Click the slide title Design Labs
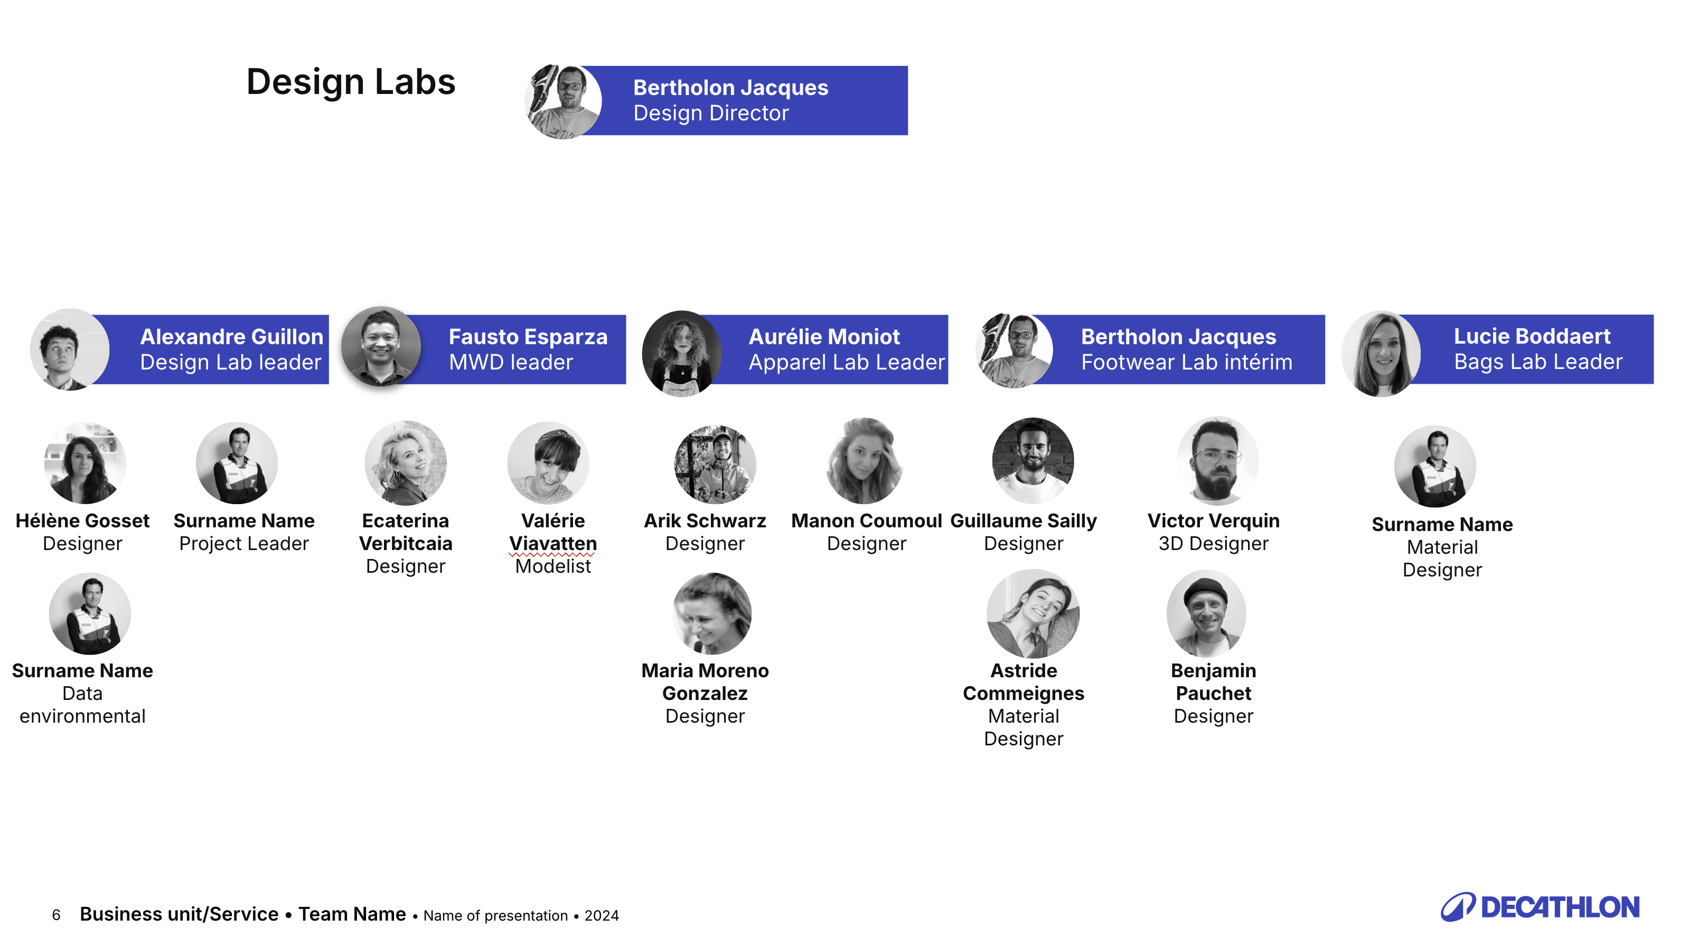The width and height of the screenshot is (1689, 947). click(x=351, y=82)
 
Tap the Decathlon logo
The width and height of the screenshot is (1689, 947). click(x=1540, y=907)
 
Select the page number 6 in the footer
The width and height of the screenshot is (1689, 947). click(x=57, y=915)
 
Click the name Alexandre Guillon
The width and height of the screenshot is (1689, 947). click(x=231, y=336)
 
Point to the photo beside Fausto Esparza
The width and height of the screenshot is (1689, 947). click(x=381, y=347)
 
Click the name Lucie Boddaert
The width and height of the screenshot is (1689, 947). click(x=1532, y=336)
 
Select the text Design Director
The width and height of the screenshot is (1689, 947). click(x=711, y=113)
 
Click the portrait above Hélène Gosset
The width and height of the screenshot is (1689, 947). click(x=85, y=463)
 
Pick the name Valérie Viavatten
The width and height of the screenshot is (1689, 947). click(x=553, y=532)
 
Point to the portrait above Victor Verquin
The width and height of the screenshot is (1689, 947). click(x=1217, y=461)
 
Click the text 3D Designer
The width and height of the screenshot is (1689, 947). click(x=1213, y=543)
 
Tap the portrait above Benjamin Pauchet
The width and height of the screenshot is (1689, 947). click(x=1206, y=613)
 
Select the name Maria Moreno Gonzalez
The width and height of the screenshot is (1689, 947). click(x=705, y=681)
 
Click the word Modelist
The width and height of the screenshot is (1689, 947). click(x=553, y=566)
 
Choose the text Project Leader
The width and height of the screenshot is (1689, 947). click(x=243, y=543)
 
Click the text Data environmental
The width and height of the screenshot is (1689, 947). click(x=82, y=705)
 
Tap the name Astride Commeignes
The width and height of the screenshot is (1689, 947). click(x=1024, y=681)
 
